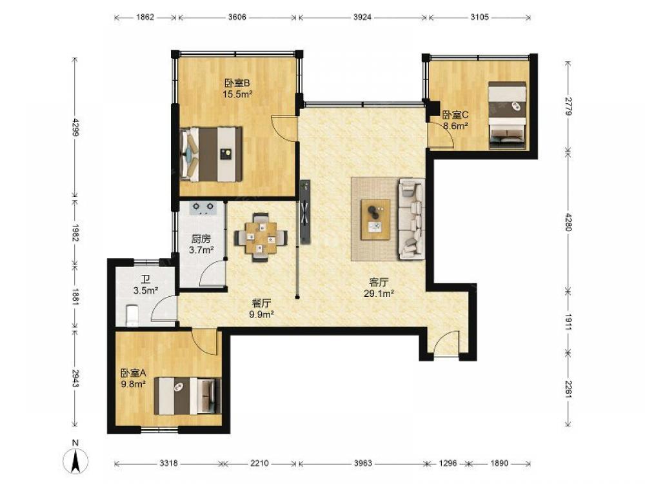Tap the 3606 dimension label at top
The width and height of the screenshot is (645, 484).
(237, 17)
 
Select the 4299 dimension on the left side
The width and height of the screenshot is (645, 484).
(75, 127)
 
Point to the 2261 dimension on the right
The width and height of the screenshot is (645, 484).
(568, 389)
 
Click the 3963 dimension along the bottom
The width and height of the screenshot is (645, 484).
(362, 463)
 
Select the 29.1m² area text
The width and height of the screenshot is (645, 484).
(379, 294)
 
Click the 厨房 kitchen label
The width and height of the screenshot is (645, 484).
(201, 239)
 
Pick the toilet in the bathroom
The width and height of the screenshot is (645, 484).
(131, 315)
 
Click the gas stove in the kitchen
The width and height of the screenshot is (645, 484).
(203, 208)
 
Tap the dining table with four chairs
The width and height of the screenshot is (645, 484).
(261, 237)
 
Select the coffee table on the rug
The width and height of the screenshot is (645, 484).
(375, 219)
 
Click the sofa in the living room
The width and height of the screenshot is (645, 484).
(411, 219)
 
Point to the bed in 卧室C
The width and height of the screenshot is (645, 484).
(507, 116)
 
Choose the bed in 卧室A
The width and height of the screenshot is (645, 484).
(188, 396)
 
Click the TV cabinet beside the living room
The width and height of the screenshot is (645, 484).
(305, 212)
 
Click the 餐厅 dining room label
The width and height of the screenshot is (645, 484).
(262, 304)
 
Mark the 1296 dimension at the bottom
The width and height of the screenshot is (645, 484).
(448, 463)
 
